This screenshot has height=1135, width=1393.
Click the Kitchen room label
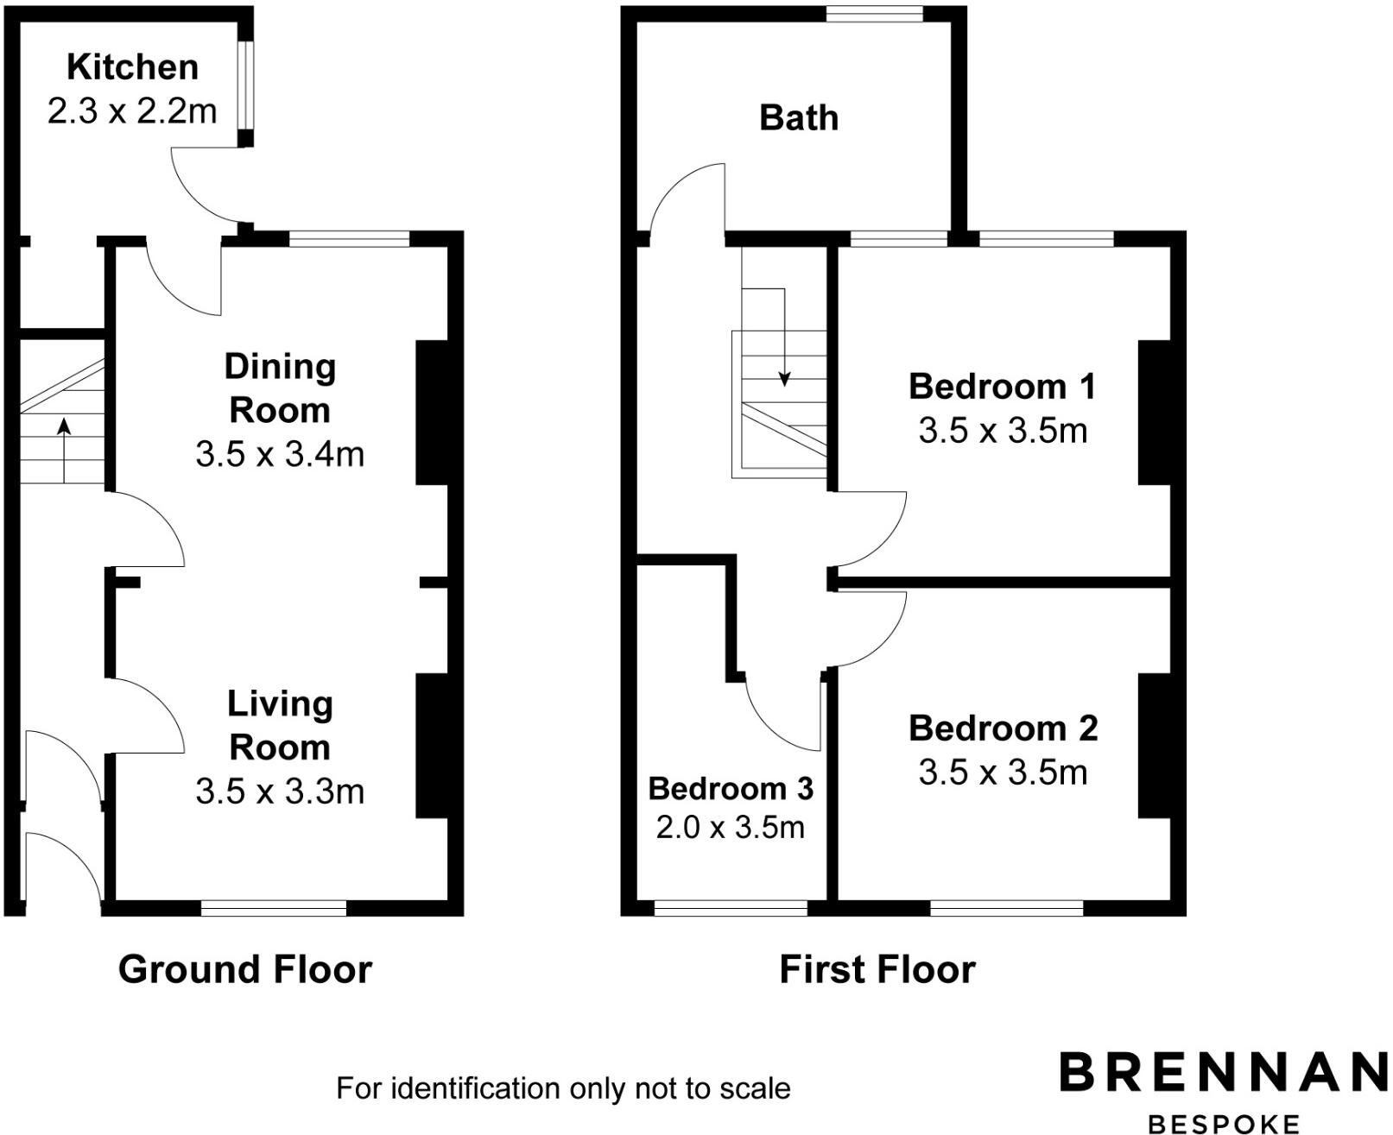click(132, 67)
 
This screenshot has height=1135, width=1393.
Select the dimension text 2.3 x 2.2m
click(132, 111)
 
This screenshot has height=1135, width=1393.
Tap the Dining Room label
click(279, 388)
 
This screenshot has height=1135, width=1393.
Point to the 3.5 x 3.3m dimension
click(280, 791)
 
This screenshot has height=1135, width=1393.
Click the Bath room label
click(798, 118)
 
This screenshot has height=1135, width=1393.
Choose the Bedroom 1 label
click(1002, 387)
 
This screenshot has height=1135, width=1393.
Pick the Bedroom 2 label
click(1003, 729)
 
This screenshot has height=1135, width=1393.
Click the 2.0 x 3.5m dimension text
click(730, 828)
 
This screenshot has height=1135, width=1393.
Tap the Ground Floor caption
click(244, 969)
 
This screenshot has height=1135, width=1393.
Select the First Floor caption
click(877, 969)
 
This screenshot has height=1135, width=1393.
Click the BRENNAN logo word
click(1223, 1072)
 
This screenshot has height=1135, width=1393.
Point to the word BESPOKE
click(1223, 1123)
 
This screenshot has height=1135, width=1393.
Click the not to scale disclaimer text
click(563, 1088)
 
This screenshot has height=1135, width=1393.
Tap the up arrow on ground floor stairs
click(64, 449)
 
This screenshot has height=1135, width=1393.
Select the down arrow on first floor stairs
click(784, 345)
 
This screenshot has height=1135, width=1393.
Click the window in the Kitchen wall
click(246, 85)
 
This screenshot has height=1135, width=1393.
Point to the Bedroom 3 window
click(731, 907)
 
